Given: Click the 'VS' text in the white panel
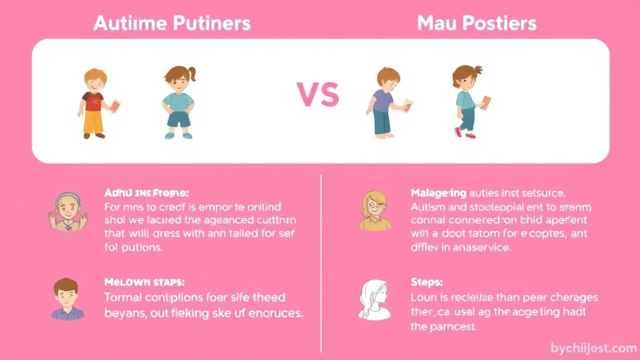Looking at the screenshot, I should click(x=317, y=95).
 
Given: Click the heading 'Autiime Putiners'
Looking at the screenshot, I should click(x=171, y=24).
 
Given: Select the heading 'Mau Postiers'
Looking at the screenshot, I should click(x=476, y=24).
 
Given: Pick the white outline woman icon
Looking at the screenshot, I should click(x=376, y=299).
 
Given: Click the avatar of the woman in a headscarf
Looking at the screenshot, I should click(x=67, y=212).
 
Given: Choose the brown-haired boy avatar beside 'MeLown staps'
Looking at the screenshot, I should click(x=67, y=299).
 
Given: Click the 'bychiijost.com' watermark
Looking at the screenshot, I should click(x=593, y=347).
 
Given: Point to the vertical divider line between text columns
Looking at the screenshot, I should click(x=321, y=262).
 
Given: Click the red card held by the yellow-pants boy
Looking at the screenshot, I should click(x=114, y=106).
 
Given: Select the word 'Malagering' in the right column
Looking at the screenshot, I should click(x=439, y=192).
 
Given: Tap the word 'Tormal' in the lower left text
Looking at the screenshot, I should click(x=122, y=297).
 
